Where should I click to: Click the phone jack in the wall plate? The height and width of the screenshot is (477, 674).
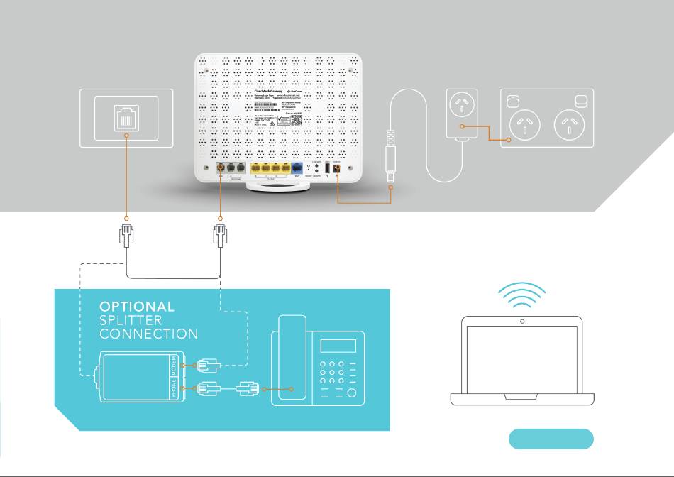tap(125, 119)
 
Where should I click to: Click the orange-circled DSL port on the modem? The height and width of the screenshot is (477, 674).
tap(221, 168)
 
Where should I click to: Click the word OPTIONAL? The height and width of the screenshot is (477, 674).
tap(137, 307)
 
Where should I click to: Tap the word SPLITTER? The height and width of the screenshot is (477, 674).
tap(131, 320)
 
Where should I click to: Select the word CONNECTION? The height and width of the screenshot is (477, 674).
tap(148, 334)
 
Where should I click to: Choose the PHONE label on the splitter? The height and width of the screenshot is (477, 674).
tap(175, 389)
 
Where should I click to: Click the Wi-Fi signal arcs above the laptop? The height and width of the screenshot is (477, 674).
tap(522, 295)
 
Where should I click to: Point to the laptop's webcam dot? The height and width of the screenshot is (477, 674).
tap(522, 322)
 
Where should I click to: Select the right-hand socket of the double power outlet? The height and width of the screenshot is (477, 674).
tap(569, 126)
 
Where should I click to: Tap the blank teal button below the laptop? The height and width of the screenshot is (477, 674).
tap(551, 439)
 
